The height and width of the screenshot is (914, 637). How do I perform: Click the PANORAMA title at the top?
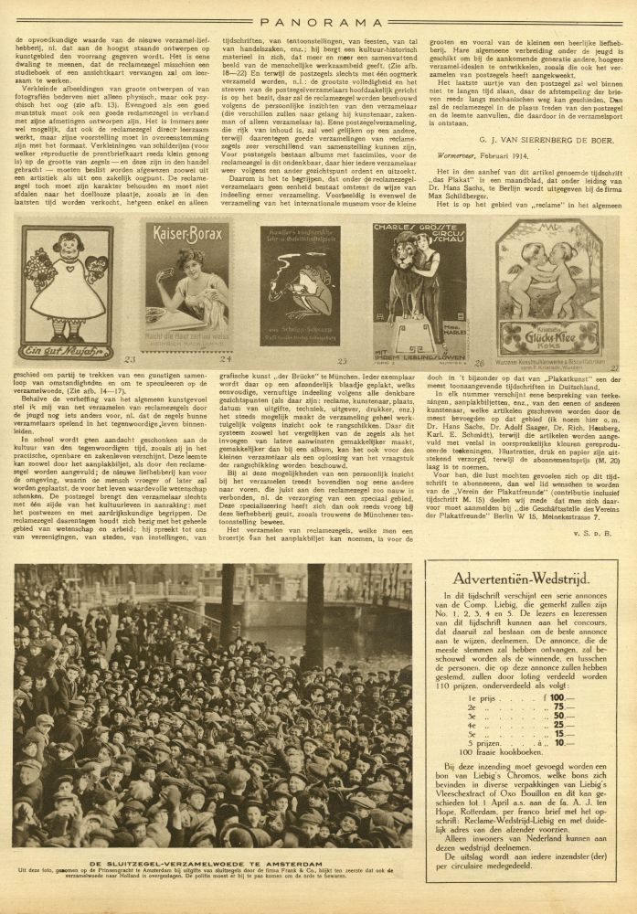click(x=318, y=16)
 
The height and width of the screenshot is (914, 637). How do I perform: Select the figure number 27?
click(x=613, y=368)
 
